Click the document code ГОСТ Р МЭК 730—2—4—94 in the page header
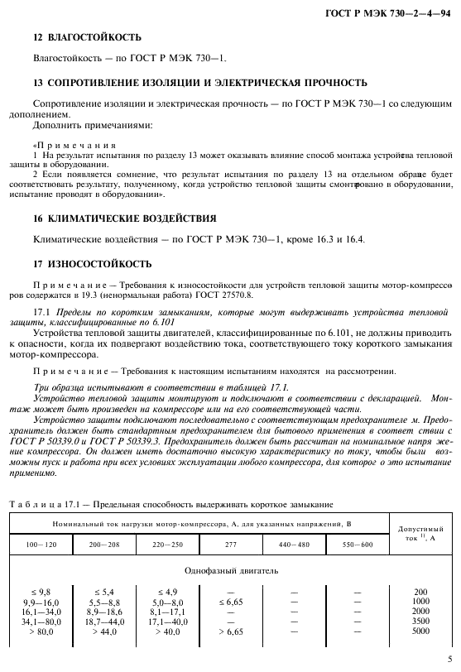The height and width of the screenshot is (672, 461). coord(394,11)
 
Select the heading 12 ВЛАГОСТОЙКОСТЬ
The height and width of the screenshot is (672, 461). coord(86,37)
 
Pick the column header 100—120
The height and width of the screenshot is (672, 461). coord(46,545)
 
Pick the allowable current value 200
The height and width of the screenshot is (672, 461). coord(421,591)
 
